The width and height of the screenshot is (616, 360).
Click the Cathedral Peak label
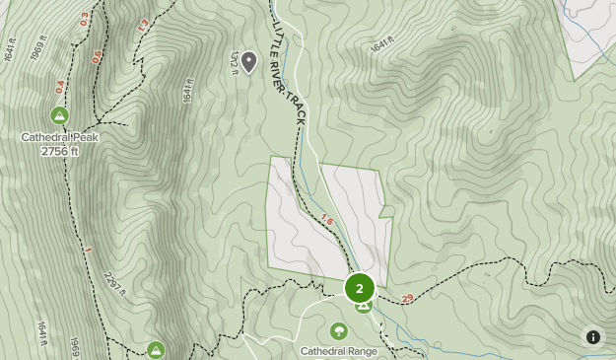pyautogui.click(x=60, y=137)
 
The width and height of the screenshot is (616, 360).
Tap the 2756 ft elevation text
pyautogui.click(x=60, y=152)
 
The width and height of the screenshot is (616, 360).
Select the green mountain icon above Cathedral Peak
pyautogui.click(x=60, y=116)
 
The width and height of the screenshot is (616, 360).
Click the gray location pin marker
pyautogui.click(x=249, y=63)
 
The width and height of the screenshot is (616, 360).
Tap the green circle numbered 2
pyautogui.click(x=360, y=289)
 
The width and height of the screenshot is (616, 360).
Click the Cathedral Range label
pyautogui.click(x=339, y=350)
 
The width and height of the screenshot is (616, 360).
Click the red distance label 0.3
pyautogui.click(x=85, y=18)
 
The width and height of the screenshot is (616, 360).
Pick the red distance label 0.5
pyautogui.click(x=98, y=57)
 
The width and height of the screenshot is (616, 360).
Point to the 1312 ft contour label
pyautogui.click(x=235, y=62)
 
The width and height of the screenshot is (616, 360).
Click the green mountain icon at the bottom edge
pyautogui.click(x=156, y=349)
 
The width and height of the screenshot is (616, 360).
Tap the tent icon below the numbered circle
pyautogui.click(x=363, y=307)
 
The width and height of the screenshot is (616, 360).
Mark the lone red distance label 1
pyautogui.click(x=87, y=251)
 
